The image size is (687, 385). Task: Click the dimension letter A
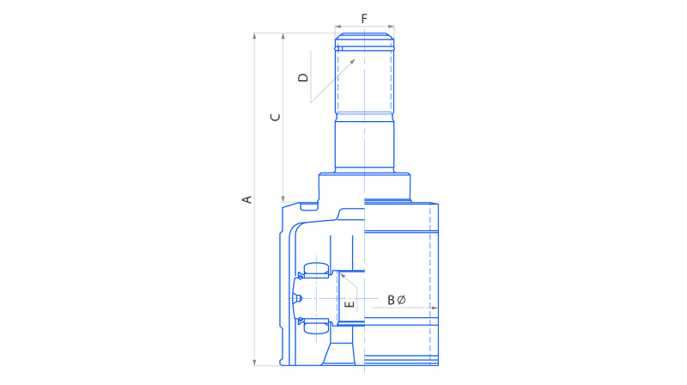click(x=247, y=199)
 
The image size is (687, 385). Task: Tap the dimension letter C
click(x=275, y=117)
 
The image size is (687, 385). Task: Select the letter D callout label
click(x=303, y=77)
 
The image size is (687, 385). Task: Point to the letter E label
click(x=350, y=304)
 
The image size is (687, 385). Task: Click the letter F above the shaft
click(x=364, y=19)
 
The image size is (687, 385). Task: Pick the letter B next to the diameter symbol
click(x=391, y=300)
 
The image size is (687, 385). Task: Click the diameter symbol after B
click(x=401, y=300)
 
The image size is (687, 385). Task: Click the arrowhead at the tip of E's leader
click(x=343, y=276)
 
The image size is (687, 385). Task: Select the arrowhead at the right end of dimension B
click(x=435, y=308)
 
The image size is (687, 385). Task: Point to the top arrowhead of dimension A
click(x=254, y=36)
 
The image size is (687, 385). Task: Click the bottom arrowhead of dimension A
click(x=254, y=362)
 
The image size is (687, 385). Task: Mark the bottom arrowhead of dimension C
click(x=283, y=199)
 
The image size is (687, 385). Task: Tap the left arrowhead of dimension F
click(x=338, y=27)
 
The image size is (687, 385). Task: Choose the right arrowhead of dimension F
click(x=391, y=27)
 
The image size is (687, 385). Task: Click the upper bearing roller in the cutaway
click(x=316, y=270)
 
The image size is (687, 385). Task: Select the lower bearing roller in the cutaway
click(x=316, y=327)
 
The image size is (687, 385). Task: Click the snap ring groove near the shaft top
click(x=364, y=48)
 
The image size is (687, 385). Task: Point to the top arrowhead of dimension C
click(x=283, y=36)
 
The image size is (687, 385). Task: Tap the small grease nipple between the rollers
click(x=298, y=298)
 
